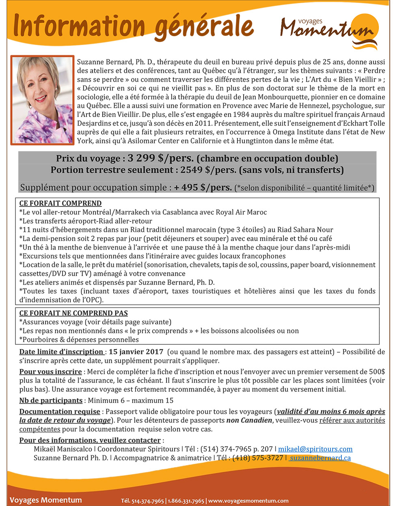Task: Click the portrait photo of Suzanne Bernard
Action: click(42, 100)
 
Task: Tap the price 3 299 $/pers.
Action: click(161, 158)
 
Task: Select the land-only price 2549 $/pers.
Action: click(208, 170)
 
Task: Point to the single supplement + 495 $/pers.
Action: click(203, 188)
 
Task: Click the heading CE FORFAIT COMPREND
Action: click(60, 203)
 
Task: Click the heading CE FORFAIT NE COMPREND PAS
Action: click(73, 313)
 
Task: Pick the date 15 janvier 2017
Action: click(136, 352)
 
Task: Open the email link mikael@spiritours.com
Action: click(315, 449)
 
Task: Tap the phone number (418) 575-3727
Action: click(257, 458)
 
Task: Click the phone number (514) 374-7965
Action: click(226, 449)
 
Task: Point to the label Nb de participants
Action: click(51, 401)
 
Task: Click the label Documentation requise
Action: click(60, 412)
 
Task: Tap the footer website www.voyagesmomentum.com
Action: click(248, 501)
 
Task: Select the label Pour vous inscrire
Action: click(51, 372)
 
